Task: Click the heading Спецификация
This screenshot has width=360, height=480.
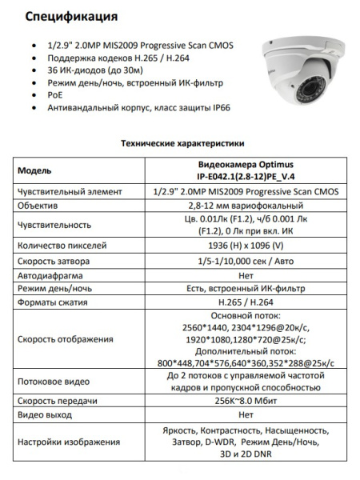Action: pos(70,15)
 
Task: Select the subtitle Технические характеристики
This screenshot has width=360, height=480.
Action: pos(181,144)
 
